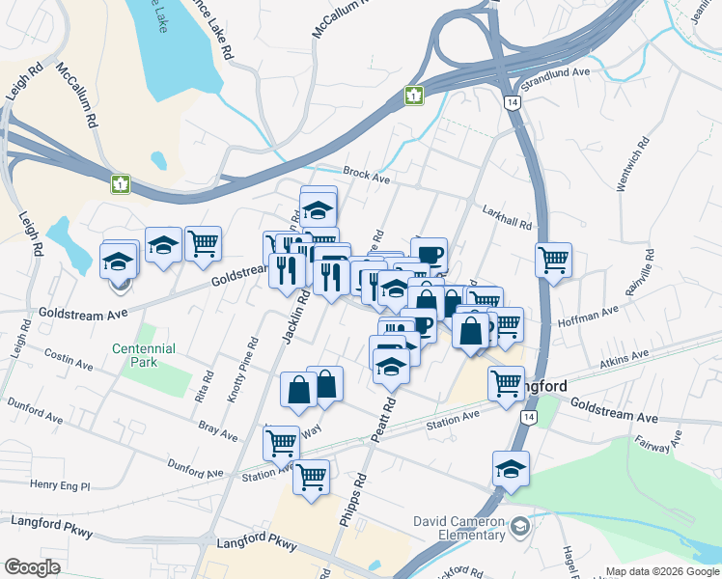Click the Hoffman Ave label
pos(597,313)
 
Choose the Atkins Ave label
pos(625,359)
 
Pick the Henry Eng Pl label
pos(60,484)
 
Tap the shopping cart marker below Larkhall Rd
pos(553,258)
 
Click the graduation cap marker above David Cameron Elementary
pos(511,468)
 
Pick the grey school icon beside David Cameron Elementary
pos(520,526)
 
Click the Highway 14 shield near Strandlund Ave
pos(511,101)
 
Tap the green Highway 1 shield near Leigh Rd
pos(121,183)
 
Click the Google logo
pos(32,567)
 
